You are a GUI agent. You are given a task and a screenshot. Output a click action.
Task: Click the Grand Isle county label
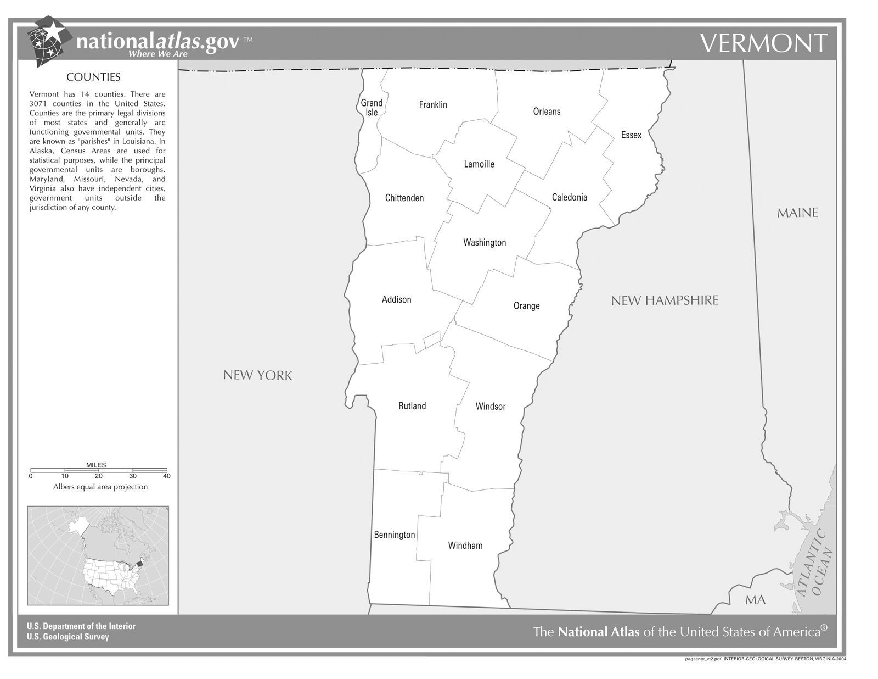point(372,107)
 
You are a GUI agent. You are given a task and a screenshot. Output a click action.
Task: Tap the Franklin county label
point(433,104)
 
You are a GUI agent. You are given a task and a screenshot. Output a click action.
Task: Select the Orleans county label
point(547,112)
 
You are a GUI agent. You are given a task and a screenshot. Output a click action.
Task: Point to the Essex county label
point(631,135)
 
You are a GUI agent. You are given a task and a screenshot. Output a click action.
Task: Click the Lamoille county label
point(479,164)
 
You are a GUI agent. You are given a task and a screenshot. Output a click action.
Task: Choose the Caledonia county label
point(570,197)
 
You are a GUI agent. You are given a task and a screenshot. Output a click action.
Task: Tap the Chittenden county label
point(404,198)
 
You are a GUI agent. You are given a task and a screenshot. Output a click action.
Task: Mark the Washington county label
point(485,242)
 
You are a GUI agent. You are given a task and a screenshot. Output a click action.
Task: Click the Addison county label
point(396,299)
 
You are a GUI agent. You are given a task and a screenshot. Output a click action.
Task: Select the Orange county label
point(526,306)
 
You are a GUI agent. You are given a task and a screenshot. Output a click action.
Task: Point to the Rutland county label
point(412,406)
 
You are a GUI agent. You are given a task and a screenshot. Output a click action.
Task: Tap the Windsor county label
point(491,407)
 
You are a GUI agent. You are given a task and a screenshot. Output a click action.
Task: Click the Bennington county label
point(395,535)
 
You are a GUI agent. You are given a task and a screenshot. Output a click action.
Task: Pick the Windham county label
point(465,546)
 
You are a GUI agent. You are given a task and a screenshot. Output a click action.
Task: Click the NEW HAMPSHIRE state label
point(665,300)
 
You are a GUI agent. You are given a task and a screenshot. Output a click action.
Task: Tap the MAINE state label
point(797,213)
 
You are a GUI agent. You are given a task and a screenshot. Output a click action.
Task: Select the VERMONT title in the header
point(763,43)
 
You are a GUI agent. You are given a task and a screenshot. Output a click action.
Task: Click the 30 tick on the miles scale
point(133,476)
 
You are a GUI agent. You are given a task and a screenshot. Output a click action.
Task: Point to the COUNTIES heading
point(93,77)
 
